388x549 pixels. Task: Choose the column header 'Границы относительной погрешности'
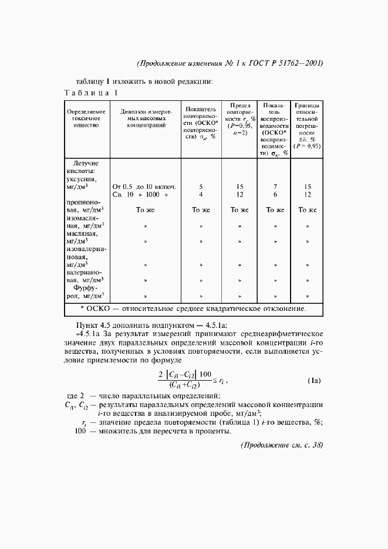point(308,126)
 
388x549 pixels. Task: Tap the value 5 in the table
point(201,187)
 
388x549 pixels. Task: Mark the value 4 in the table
point(201,194)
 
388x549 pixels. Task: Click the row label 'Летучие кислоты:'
point(86,167)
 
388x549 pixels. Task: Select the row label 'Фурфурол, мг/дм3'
point(86,292)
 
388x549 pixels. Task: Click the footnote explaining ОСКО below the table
point(193,309)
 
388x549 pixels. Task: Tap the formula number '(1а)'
point(314,381)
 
